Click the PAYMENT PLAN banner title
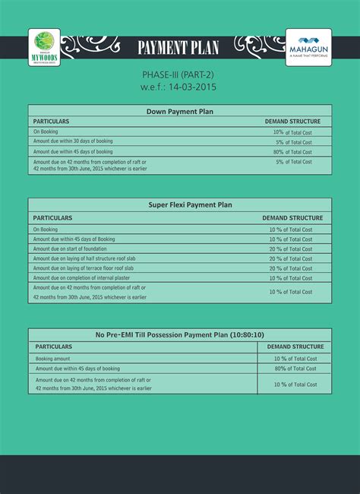point(178,49)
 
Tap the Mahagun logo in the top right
point(307,48)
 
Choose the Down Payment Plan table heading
point(179,111)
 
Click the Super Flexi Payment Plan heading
point(179,205)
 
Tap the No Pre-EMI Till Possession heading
point(179,335)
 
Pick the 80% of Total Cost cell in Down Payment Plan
point(292,151)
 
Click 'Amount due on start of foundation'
point(70,249)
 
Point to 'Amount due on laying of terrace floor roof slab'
point(84,268)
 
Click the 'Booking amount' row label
point(54,357)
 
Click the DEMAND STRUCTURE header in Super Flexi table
point(292,218)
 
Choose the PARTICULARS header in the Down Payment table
point(52,122)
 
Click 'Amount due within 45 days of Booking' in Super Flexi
point(74,239)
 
